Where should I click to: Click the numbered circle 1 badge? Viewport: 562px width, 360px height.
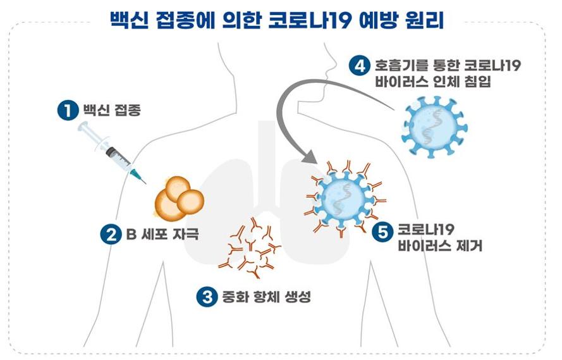(x=68, y=110)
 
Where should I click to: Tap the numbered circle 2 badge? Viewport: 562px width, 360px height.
(x=111, y=235)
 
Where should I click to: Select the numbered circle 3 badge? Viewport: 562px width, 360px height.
(x=207, y=297)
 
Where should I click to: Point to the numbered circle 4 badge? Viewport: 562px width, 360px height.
(x=360, y=66)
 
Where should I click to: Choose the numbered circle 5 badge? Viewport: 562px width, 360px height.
(x=382, y=232)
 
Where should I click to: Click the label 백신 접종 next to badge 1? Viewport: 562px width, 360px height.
(x=112, y=109)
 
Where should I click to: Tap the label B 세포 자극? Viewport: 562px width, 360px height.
(x=162, y=234)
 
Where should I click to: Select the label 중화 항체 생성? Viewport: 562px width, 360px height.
(x=266, y=297)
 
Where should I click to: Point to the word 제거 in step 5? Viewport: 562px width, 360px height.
(x=469, y=245)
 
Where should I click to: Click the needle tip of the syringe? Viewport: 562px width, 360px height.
(x=145, y=183)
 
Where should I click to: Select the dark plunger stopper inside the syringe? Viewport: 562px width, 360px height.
(x=111, y=152)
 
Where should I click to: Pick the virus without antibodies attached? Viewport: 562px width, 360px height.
(x=434, y=127)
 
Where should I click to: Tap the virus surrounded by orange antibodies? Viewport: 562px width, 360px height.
(x=344, y=199)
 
